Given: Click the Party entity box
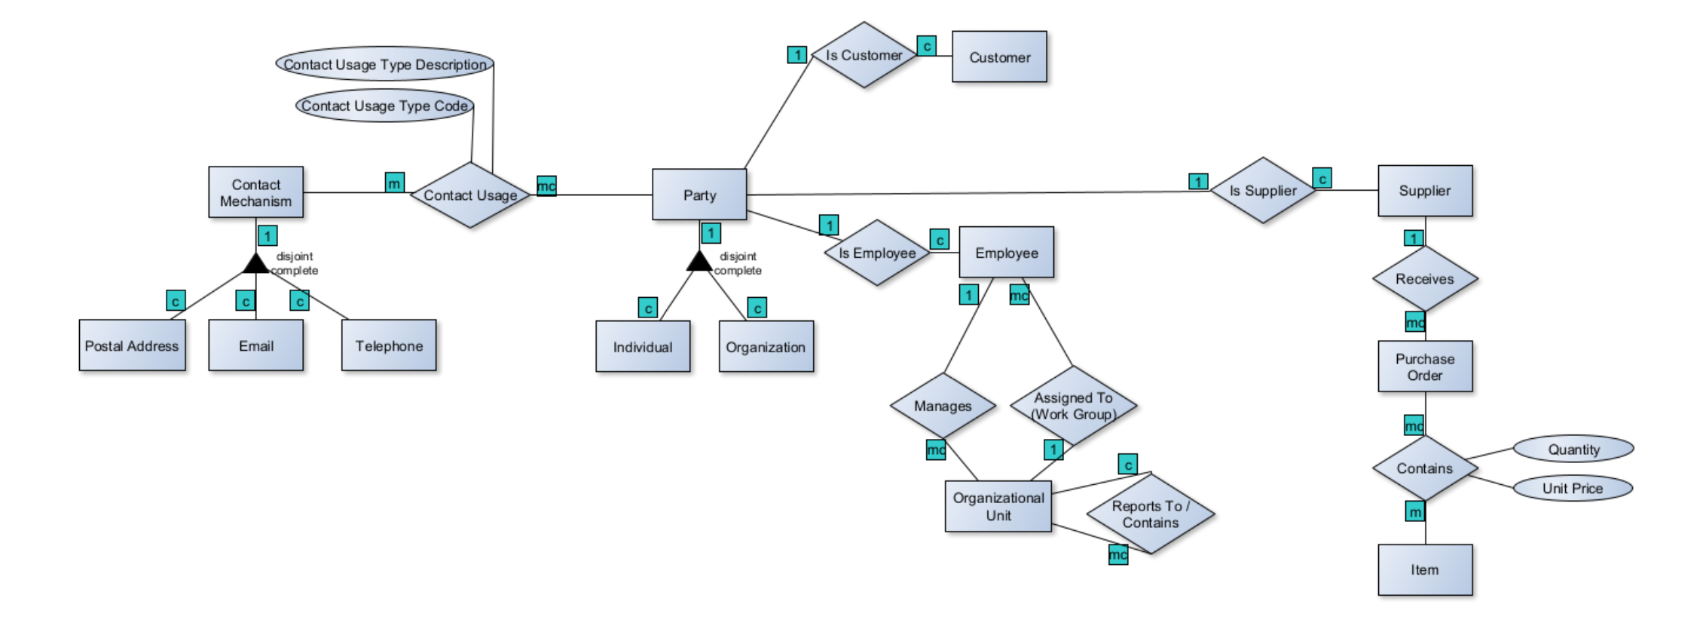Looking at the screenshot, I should point(699,195).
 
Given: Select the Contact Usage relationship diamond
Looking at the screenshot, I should point(470,195).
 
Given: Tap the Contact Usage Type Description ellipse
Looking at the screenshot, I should point(385,65).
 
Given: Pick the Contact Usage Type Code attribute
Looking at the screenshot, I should point(384,106).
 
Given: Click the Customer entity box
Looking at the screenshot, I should point(999,57).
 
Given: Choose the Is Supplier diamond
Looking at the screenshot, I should point(1263,191).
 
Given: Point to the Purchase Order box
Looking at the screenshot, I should point(1424,367).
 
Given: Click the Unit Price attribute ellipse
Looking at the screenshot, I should point(1572,489).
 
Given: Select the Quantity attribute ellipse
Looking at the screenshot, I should point(1573,449).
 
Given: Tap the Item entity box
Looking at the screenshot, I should point(1424,570).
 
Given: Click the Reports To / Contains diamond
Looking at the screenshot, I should point(1150,514).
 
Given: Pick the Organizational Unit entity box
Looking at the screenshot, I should point(998,507).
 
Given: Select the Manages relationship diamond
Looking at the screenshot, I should point(943,406).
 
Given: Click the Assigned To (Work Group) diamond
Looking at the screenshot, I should point(1073,406).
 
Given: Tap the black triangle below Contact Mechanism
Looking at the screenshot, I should point(255,265).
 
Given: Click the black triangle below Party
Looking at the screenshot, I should point(699,262).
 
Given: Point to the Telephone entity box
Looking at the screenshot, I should point(389,346).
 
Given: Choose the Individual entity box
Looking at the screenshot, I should point(643,347).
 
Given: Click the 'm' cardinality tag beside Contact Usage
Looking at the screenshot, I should point(395,183).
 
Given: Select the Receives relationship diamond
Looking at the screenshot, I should point(1424,279).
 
